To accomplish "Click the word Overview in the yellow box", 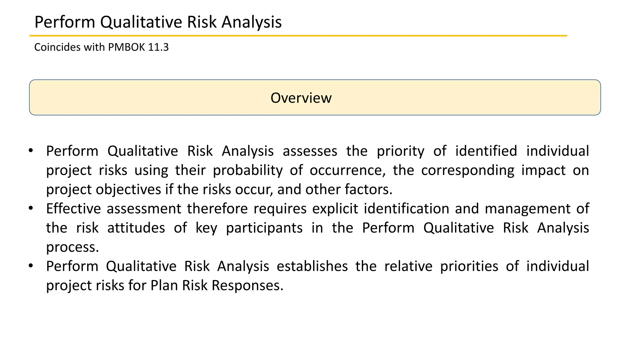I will click(x=301, y=98).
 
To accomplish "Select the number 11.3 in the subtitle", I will click(x=158, y=47).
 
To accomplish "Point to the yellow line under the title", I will click(x=298, y=36).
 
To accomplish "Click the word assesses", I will click(x=310, y=151).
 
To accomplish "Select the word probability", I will click(x=248, y=171).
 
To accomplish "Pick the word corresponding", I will click(x=467, y=171).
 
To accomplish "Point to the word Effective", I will click(x=73, y=209).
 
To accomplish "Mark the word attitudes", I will click(x=136, y=228).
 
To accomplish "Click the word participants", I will click(x=264, y=228).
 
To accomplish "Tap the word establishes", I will click(x=312, y=267).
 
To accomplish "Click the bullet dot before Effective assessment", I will click(x=31, y=208).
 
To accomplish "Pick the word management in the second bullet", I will click(x=527, y=209).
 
